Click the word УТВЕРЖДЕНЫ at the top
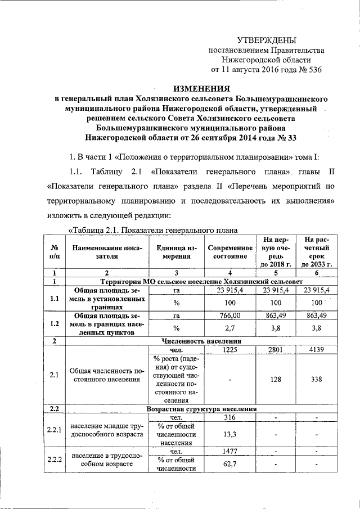tap(266, 39)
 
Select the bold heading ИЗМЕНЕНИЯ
tap(201, 88)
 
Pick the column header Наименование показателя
tap(106, 251)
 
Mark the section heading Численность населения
tap(201, 341)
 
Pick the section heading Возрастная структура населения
tap(201, 409)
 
